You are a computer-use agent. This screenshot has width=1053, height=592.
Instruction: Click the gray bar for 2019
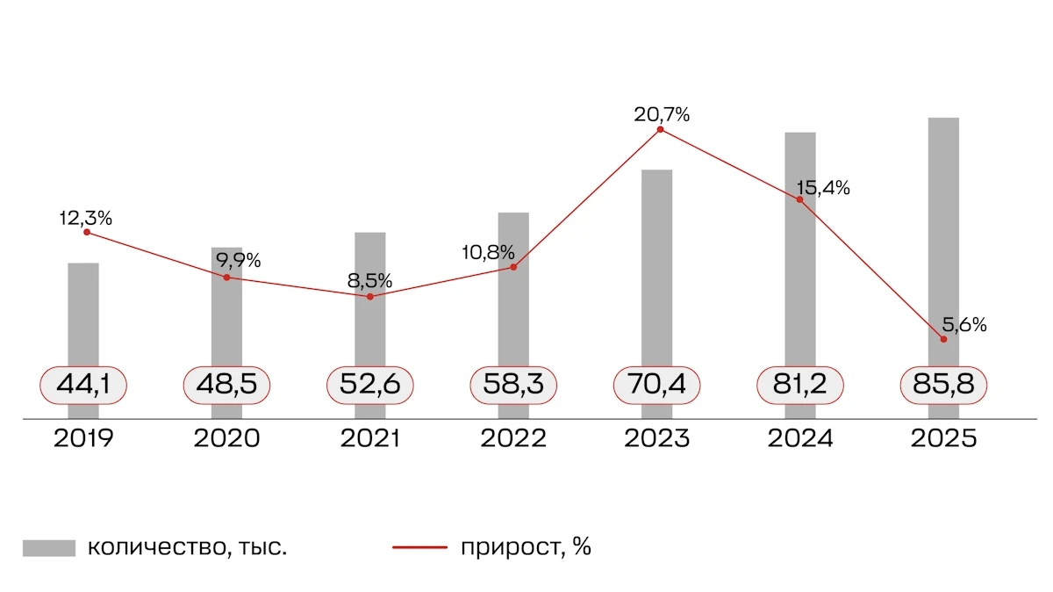pos(83,316)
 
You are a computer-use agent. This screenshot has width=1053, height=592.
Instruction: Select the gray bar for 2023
pos(656,264)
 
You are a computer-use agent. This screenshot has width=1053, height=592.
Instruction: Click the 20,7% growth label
pos(663,114)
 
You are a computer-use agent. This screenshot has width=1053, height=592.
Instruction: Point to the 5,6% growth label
pos(964,325)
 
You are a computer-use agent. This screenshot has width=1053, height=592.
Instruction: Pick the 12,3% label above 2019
pos(86,218)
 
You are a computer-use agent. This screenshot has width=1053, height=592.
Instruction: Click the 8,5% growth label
pos(370,281)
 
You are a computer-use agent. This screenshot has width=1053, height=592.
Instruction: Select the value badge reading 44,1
pos(84,385)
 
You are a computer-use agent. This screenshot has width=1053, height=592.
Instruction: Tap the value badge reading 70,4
pos(657,385)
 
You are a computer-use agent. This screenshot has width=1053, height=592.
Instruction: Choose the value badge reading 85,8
pos(944,385)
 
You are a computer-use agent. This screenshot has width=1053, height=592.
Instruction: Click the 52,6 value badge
pos(370,385)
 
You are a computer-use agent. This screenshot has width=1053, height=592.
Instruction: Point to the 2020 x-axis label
pos(226,438)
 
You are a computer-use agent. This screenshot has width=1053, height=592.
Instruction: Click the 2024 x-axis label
pos(800,438)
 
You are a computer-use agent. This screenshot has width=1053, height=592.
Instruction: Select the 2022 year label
pos(513,438)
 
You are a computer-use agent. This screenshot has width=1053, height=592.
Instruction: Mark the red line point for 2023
pos(660,130)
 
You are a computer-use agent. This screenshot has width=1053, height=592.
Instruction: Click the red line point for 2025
pos(943,339)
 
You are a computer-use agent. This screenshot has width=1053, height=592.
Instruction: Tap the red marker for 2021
pos(370,297)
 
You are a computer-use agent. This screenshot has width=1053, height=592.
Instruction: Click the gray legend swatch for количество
pos(49,548)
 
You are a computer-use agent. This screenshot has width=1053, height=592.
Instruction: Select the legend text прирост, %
pos(525,548)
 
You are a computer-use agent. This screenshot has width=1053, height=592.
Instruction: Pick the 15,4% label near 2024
pos(823,188)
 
